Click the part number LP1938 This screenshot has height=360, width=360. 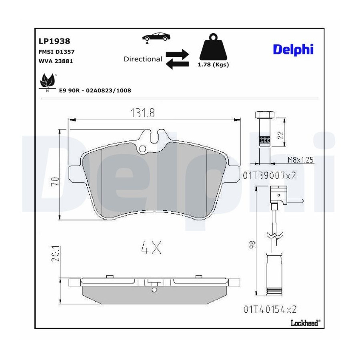(54, 41)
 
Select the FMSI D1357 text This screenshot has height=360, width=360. (56, 52)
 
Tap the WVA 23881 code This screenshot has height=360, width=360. (56, 61)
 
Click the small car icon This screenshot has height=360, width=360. (156, 37)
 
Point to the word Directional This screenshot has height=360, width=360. (143, 59)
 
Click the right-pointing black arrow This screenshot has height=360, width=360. (177, 54)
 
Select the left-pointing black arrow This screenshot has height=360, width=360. (177, 64)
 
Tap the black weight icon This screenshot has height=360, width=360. (213, 47)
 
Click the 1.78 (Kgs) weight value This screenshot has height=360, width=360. (213, 65)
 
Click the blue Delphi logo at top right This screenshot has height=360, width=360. (293, 49)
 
